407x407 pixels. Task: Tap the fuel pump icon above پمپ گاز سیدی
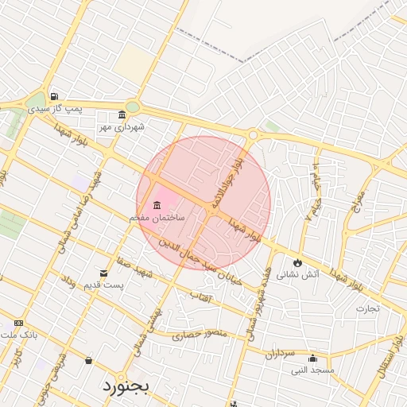tap(53, 96)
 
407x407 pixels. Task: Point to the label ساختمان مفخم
tap(157, 217)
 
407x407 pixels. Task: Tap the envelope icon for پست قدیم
tap(103, 273)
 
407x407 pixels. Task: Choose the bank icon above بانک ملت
tap(18, 324)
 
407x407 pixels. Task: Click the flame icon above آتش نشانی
tap(297, 262)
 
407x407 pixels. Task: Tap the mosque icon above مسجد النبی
tap(312, 358)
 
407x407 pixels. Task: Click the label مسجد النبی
tap(312, 370)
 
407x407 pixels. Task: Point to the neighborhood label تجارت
tap(367, 308)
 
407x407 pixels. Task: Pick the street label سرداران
tap(279, 351)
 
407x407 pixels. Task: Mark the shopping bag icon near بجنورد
tap(88, 361)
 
